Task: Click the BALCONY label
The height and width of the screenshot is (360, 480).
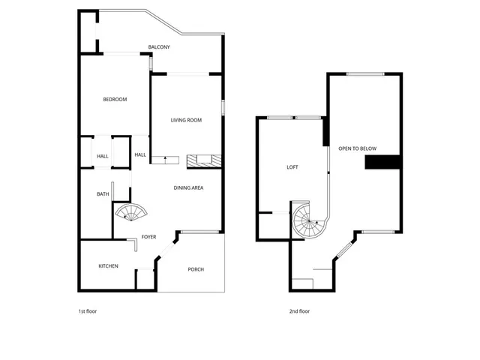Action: coord(158,47)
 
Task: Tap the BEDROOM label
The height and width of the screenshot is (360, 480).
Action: coord(115,100)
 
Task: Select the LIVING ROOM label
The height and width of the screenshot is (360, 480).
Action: coord(187,120)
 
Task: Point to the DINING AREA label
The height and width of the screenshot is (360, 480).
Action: coord(189,187)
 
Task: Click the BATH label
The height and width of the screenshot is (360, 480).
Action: coord(103,194)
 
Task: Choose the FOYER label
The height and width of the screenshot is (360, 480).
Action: coord(148,237)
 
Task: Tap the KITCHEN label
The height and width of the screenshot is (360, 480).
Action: coord(109,266)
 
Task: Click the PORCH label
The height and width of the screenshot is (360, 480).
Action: coord(196,269)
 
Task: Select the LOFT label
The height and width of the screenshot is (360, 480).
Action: coord(292,167)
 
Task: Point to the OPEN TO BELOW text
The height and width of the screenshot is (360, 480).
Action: coord(357,148)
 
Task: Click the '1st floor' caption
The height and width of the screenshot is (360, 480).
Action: coord(88,311)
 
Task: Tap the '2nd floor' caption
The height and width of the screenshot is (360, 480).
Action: coord(299,311)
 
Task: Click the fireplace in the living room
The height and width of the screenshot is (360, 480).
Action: coord(203,160)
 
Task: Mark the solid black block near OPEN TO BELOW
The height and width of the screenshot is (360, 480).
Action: coord(382,163)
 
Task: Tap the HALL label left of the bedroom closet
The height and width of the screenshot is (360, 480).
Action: coord(103,156)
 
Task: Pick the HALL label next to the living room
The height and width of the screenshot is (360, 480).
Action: coord(140,154)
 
